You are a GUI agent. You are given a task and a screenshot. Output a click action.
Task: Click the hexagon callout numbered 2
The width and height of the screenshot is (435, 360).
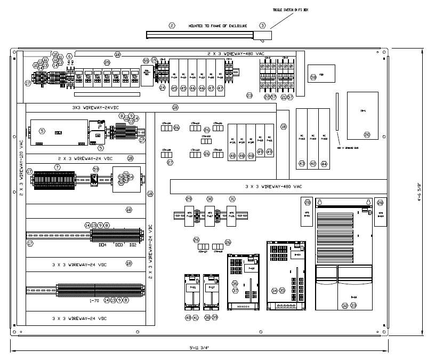click(x=172, y=25)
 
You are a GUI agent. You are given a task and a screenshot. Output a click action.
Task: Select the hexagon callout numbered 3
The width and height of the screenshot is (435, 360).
click(x=262, y=25)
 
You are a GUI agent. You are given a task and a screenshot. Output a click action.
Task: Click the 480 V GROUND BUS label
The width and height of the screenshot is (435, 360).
click(x=347, y=148)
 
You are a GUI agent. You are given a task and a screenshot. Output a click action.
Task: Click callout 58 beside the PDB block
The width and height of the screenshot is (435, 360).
click(x=313, y=77)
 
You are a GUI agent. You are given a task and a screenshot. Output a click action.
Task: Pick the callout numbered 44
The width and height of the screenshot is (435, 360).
click(x=325, y=164)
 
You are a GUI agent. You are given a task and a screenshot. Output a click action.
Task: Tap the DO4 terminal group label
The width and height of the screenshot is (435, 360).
click(x=103, y=245)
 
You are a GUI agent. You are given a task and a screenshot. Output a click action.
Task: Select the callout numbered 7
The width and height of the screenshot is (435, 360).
click(x=57, y=167)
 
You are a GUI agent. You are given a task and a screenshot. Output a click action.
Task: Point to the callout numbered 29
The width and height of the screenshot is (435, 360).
click(x=189, y=198)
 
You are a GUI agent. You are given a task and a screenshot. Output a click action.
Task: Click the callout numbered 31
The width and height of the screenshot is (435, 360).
click(x=232, y=198)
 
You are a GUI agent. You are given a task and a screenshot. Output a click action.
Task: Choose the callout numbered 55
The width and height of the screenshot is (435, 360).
click(x=146, y=61)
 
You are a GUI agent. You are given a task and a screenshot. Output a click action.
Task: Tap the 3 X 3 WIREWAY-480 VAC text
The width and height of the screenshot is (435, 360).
click(x=273, y=187)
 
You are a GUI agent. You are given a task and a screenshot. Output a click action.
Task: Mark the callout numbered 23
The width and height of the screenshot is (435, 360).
click(x=249, y=95)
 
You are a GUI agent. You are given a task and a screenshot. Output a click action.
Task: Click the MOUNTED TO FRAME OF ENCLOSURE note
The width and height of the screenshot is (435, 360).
click(x=217, y=25)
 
